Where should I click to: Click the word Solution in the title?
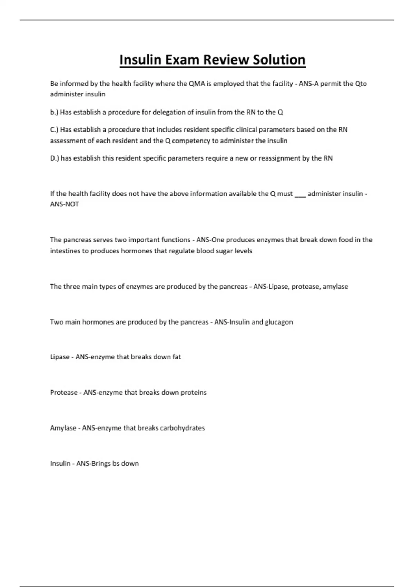[x=279, y=60]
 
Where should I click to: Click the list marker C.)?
[x=55, y=130]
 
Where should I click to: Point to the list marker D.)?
[x=55, y=158]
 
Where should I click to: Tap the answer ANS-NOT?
[x=65, y=204]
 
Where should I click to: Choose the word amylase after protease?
[x=335, y=287]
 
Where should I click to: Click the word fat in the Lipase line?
[x=177, y=357]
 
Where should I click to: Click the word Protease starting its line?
[x=64, y=393]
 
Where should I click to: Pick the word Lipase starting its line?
[x=60, y=357]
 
